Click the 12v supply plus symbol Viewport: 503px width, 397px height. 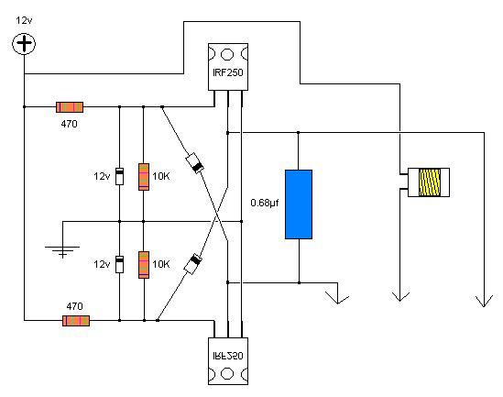(x=24, y=44)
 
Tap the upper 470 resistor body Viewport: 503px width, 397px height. (x=70, y=107)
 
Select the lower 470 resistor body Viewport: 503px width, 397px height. (x=76, y=321)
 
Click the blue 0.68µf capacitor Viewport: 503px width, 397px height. (x=299, y=204)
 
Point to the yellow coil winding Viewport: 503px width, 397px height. (x=430, y=182)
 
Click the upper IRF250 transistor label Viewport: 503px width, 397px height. (x=228, y=72)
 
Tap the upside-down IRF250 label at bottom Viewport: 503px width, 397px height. (x=228, y=356)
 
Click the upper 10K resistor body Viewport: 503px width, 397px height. (x=144, y=177)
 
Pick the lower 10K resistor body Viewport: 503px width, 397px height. (x=144, y=265)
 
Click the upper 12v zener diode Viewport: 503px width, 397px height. (x=119, y=176)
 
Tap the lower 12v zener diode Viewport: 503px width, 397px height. (x=119, y=264)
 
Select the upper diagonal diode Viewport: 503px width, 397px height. (x=195, y=163)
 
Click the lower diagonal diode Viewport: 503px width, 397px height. (x=192, y=264)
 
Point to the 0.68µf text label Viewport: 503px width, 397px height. (x=265, y=203)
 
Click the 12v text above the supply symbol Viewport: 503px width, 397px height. (x=24, y=20)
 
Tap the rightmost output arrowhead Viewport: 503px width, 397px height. (x=484, y=302)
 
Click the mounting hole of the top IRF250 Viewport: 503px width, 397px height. (x=227, y=54)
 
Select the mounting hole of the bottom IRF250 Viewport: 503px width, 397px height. (x=227, y=373)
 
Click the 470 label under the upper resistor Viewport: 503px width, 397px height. (x=69, y=124)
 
